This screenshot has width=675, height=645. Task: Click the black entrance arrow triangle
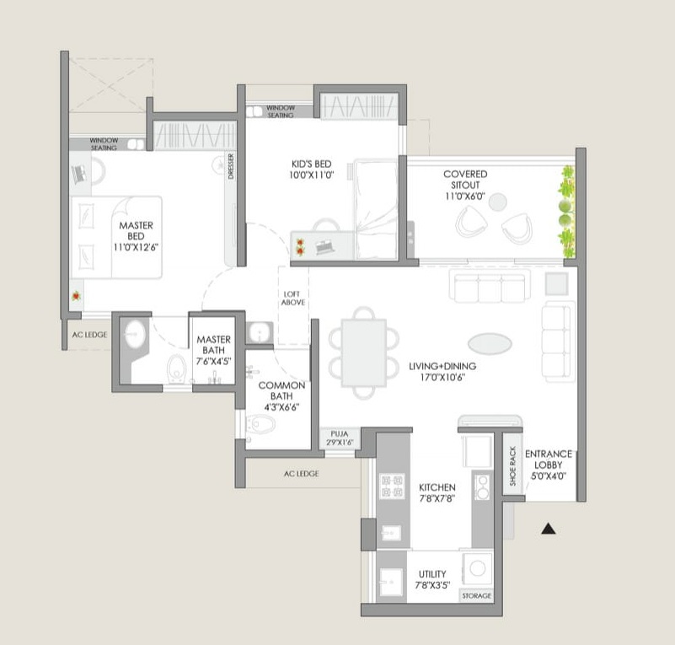[548, 529]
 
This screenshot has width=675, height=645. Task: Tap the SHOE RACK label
[512, 466]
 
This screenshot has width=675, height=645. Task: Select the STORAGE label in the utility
[477, 596]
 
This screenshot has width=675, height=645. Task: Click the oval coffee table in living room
[490, 344]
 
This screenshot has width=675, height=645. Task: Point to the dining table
[364, 353]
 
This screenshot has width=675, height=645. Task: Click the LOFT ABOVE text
[293, 298]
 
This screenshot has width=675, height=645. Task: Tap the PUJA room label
[340, 433]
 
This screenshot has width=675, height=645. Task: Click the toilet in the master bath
[176, 368]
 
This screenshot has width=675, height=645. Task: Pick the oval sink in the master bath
[135, 333]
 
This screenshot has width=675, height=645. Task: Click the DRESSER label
[231, 166]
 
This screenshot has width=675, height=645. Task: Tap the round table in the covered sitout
[498, 202]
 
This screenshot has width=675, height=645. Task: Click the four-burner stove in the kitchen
[392, 486]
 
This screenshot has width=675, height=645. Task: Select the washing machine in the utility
[478, 568]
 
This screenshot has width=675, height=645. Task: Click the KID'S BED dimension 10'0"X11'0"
[312, 175]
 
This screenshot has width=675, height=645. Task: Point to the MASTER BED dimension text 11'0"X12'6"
[136, 247]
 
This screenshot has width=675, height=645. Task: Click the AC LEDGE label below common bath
[302, 474]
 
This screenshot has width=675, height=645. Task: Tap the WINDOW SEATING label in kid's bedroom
[281, 111]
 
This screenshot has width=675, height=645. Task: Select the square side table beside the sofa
[556, 283]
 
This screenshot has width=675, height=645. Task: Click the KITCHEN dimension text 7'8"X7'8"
[437, 498]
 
